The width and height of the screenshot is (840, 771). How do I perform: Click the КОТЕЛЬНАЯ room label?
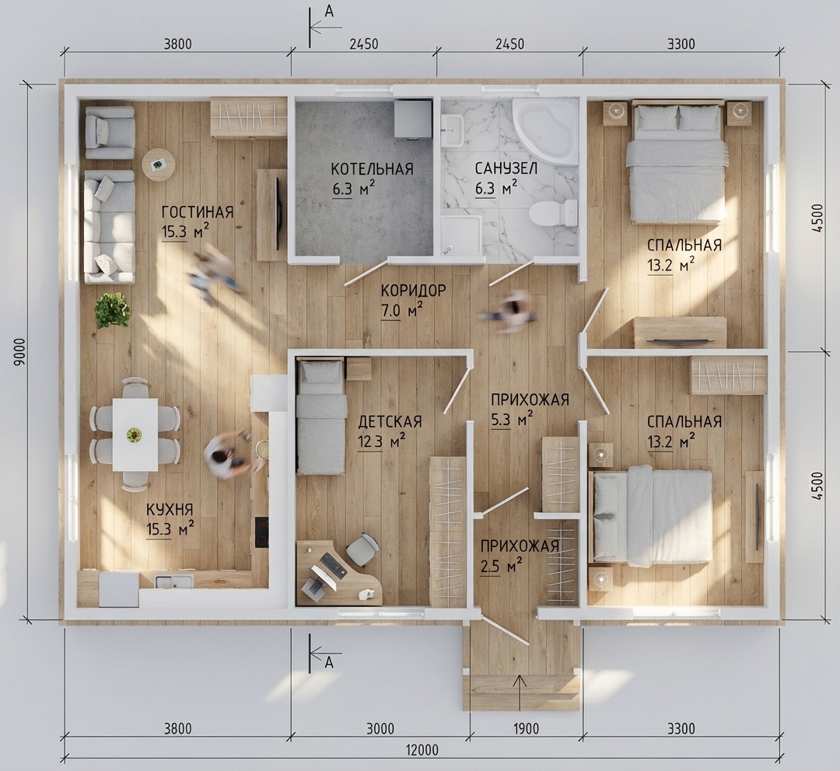click(x=372, y=169)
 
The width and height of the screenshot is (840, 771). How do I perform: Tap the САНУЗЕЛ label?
click(x=506, y=169)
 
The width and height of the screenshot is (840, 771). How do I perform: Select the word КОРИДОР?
click(x=413, y=291)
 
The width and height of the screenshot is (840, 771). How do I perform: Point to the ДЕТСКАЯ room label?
click(x=390, y=422)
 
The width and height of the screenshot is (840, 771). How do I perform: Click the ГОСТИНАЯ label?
click(x=198, y=212)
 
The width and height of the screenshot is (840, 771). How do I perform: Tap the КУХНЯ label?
click(x=170, y=509)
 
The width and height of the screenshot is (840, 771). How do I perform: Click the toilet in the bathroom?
click(x=554, y=212)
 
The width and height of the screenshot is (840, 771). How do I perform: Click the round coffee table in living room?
click(x=159, y=164)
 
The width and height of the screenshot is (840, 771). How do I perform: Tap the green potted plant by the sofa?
click(x=113, y=310)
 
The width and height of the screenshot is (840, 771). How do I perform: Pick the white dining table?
click(x=135, y=434)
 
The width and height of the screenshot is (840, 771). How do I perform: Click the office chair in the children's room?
click(x=362, y=549)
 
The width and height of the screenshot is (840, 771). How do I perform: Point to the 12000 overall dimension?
click(x=422, y=750)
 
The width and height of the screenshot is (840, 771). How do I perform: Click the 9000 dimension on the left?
click(x=20, y=352)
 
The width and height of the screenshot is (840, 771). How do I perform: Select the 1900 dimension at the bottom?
click(x=526, y=728)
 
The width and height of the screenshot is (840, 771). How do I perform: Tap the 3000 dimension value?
click(x=380, y=728)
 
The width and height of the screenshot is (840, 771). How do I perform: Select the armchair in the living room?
click(x=110, y=132)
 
